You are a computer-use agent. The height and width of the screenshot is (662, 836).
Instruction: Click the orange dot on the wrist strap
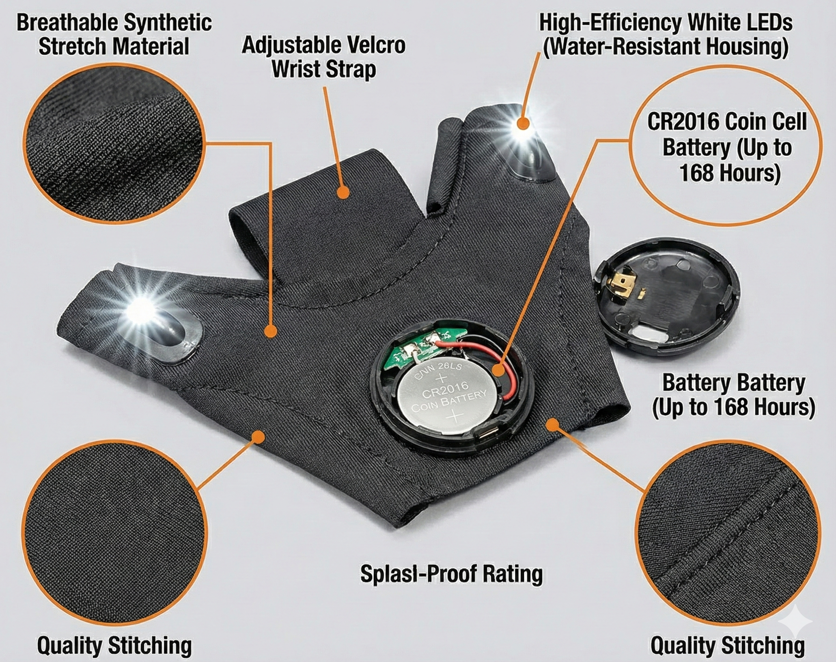343,193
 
